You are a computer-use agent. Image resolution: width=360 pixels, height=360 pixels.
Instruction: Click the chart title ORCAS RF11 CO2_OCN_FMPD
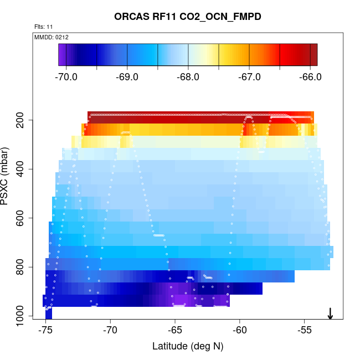[x=187, y=17]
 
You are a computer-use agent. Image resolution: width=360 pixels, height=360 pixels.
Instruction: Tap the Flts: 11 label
[x=44, y=27]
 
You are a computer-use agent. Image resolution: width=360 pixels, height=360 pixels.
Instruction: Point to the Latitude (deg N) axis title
[x=187, y=347]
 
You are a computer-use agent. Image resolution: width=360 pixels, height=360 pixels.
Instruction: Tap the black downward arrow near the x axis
[x=330, y=313]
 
